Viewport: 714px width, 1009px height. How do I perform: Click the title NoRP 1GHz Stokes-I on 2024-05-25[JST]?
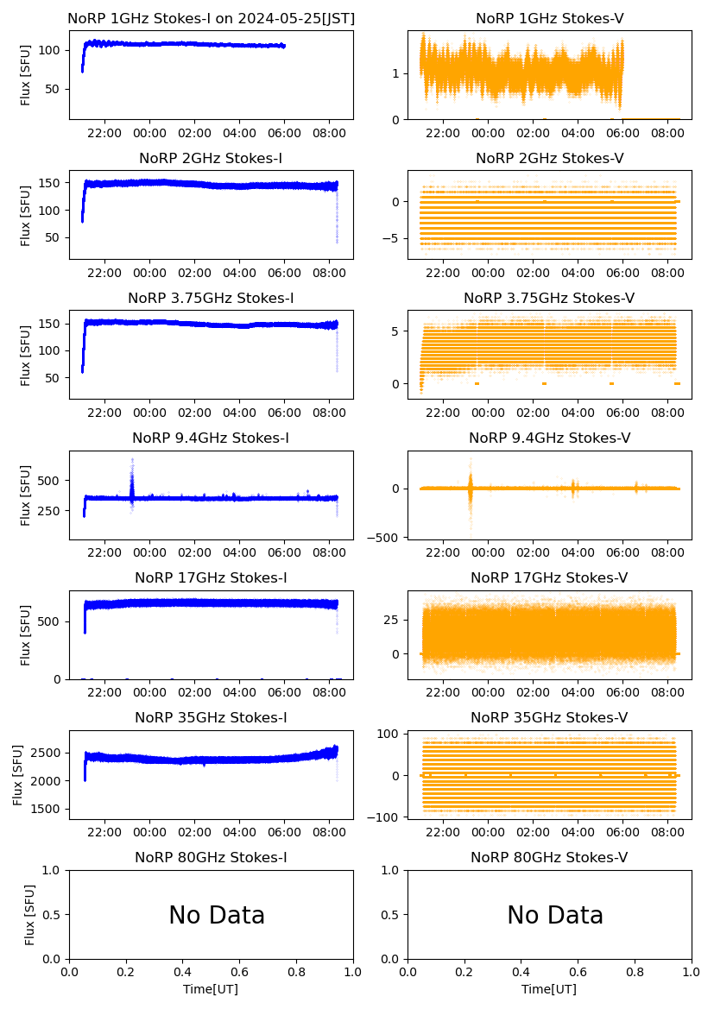[x=211, y=18]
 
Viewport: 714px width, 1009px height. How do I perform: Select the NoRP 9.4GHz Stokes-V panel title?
[x=549, y=438]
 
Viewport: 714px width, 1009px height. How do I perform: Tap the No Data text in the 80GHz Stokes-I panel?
[x=217, y=915]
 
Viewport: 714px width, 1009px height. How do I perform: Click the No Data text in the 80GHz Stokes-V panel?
[x=555, y=915]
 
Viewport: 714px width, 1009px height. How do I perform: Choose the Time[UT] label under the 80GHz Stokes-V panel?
[x=549, y=988]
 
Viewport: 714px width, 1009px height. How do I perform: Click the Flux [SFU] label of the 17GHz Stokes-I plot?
[x=26, y=634]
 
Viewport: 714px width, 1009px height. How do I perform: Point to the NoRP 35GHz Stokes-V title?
[x=549, y=717]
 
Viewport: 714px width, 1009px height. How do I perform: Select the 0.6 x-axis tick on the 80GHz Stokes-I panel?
[x=240, y=973]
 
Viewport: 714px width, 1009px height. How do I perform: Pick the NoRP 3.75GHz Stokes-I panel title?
[x=211, y=298]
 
